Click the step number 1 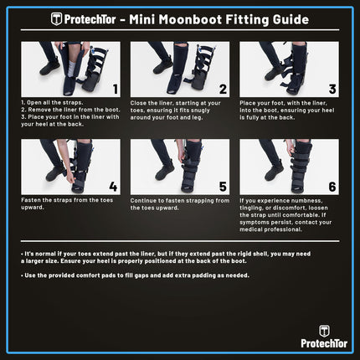(x=114, y=86)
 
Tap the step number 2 (x=223, y=86)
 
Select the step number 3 (x=331, y=86)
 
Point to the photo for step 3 (x=285, y=69)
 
